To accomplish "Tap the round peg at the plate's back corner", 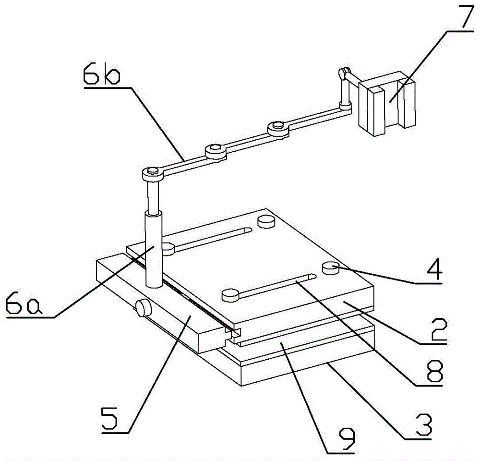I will (x=265, y=221).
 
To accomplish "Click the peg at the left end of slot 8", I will (x=230, y=294).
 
